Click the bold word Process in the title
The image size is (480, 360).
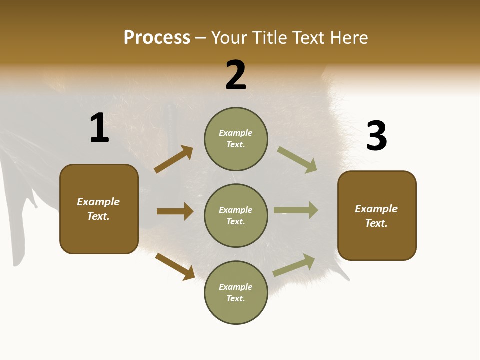coord(157,38)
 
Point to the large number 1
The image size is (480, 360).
coord(99,128)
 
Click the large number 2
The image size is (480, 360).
coord(236,75)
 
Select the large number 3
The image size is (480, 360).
coord(376,136)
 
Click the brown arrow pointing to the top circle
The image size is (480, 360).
coord(174,159)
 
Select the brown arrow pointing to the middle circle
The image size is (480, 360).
coord(175,211)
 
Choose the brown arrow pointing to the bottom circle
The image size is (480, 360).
coord(175,266)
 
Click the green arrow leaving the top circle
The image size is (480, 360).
coord(297,160)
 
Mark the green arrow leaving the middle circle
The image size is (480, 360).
coord(296,210)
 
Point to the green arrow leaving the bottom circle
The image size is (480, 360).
coord(294,265)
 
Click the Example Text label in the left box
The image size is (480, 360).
coord(98,209)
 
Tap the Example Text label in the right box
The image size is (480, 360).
coord(376,216)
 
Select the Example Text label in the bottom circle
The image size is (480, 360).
coord(236,293)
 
